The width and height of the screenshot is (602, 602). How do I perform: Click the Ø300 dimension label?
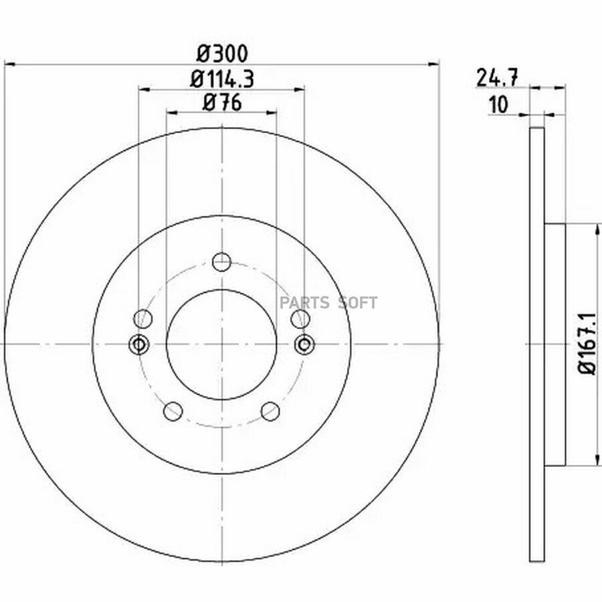click(222, 54)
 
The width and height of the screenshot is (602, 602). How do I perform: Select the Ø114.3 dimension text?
click(222, 80)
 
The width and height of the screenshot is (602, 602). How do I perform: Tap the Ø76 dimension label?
click(222, 103)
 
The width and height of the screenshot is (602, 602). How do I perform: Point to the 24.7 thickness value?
click(497, 78)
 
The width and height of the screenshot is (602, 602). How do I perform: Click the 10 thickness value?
click(498, 105)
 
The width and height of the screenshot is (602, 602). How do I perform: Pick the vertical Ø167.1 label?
click(588, 344)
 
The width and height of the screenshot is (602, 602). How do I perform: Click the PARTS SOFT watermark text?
click(328, 303)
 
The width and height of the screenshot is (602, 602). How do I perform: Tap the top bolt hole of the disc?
click(222, 262)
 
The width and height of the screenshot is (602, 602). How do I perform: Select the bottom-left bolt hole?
click(173, 411)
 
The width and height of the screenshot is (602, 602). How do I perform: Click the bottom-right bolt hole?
click(270, 411)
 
